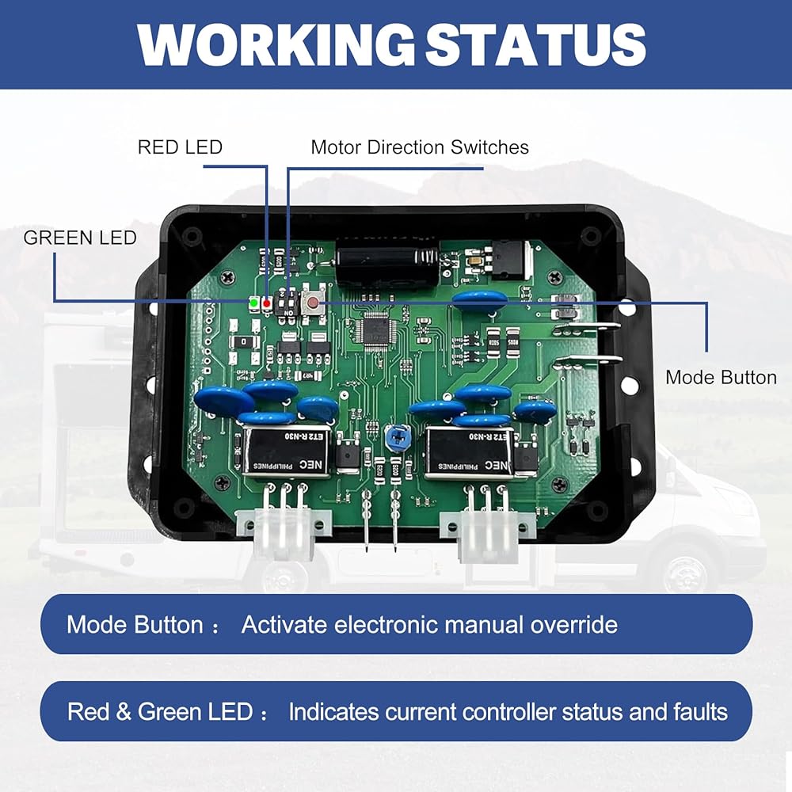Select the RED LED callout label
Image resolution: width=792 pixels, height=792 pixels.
coord(180,147)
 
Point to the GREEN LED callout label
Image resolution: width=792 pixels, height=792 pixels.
coord(80,238)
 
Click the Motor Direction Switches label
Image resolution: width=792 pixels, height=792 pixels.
coord(420,147)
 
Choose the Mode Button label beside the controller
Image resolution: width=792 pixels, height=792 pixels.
coord(721,377)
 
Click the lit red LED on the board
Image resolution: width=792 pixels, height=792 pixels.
coord(267,303)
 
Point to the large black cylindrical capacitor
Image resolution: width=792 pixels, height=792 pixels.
coord(386,261)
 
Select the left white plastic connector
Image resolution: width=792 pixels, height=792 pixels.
coord(283,529)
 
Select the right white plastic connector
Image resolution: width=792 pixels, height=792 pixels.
coord(486,529)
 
